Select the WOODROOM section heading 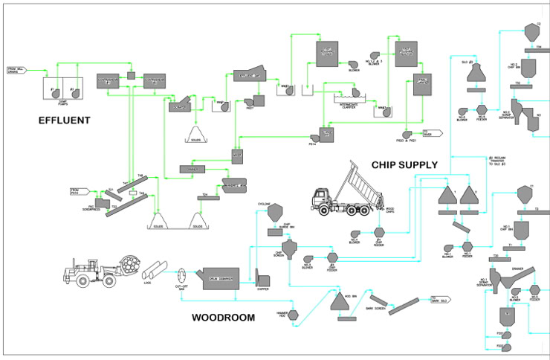click(223, 318)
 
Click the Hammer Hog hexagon click(294, 315)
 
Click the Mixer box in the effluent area click(237, 155)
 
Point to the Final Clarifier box click(424, 88)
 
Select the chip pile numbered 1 click(448, 196)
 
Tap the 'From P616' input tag click(80, 191)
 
